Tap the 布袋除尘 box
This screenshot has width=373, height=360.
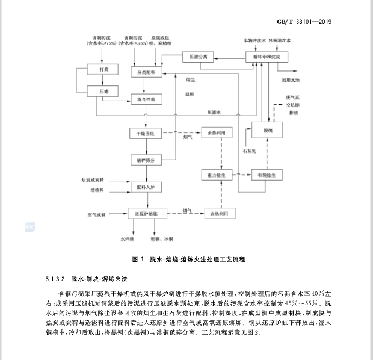[267, 175]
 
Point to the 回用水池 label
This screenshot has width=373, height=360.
[289, 79]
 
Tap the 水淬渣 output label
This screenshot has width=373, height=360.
[126, 239]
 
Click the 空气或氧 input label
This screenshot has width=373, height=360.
[96, 214]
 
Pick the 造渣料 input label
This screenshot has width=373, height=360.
[97, 190]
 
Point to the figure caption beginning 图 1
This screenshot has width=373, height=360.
[187, 259]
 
